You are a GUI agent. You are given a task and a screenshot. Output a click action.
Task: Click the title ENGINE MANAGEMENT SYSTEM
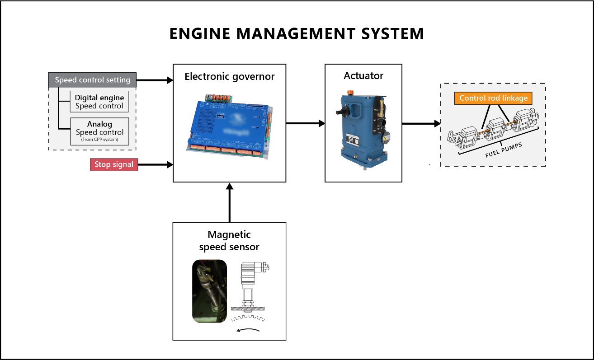pyautogui.click(x=297, y=34)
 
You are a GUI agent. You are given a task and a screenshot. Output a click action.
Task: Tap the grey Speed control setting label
pyautogui.click(x=92, y=80)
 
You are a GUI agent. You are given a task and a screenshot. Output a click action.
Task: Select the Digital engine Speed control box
pyautogui.click(x=99, y=102)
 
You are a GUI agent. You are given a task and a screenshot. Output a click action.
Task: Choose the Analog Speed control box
pyautogui.click(x=99, y=130)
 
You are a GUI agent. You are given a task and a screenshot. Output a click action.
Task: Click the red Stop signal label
pyautogui.click(x=114, y=164)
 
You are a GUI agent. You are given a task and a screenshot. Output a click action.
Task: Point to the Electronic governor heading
pyautogui.click(x=229, y=76)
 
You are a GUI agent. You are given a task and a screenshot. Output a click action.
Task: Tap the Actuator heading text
pyautogui.click(x=363, y=75)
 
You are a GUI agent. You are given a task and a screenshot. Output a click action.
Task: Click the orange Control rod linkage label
pyautogui.click(x=493, y=98)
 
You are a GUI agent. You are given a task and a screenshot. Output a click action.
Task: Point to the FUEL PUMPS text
pyautogui.click(x=504, y=149)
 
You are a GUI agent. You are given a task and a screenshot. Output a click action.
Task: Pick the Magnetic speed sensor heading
pyautogui.click(x=229, y=241)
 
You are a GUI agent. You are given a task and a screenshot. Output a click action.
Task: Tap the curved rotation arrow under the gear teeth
pyautogui.click(x=249, y=330)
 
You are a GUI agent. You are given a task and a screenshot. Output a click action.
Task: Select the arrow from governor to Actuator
pyautogui.click(x=305, y=123)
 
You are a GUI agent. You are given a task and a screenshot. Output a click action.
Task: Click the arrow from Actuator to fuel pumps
pyautogui.click(x=421, y=123)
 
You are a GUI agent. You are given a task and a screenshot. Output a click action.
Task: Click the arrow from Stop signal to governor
pyautogui.click(x=155, y=165)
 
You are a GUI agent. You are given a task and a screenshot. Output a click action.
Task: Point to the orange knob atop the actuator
pyautogui.click(x=350, y=93)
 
